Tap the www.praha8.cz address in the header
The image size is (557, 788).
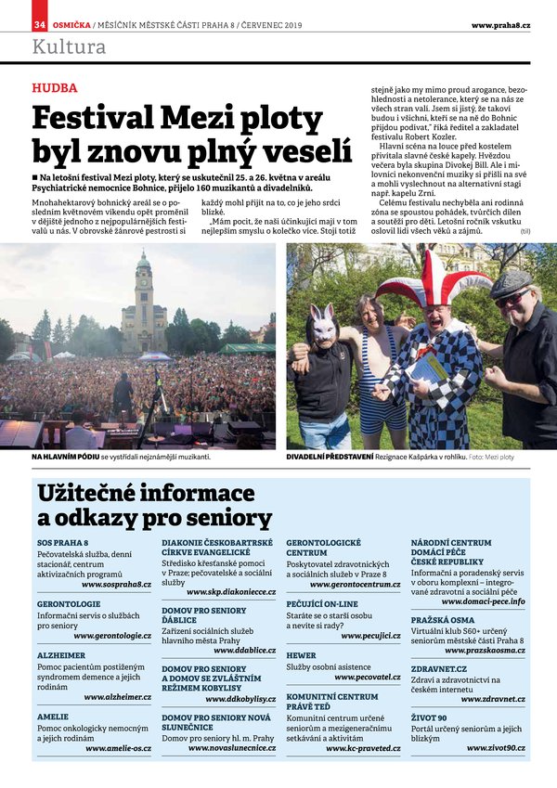click(x=500, y=25)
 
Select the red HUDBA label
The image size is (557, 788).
click(x=54, y=88)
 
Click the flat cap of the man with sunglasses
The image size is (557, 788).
click(x=511, y=282)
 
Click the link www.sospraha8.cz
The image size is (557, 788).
click(x=116, y=585)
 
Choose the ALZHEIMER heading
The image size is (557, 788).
click(x=61, y=654)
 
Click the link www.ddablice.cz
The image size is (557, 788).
click(x=244, y=650)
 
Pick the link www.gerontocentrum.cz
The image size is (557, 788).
click(x=355, y=585)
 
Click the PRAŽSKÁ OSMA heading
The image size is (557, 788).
click(x=445, y=618)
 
